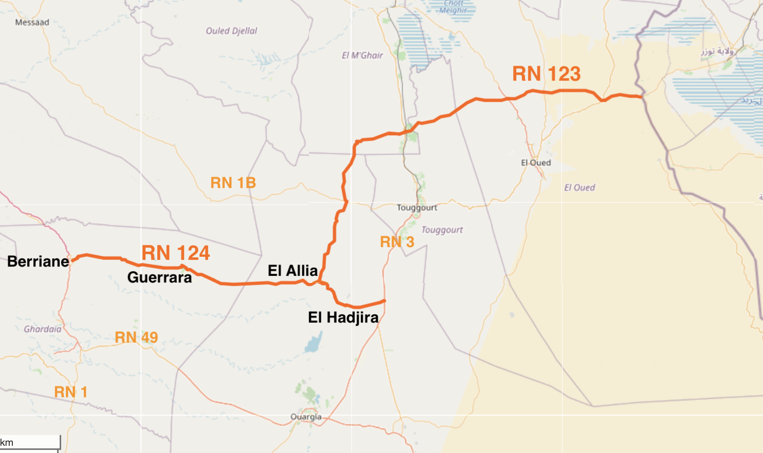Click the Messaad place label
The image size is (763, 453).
[x=32, y=23]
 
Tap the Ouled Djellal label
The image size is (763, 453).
[x=231, y=31]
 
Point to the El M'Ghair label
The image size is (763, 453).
[x=362, y=55]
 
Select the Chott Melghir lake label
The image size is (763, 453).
[x=453, y=7]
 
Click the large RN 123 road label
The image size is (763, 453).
[x=546, y=74]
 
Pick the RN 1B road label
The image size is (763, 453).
[x=233, y=183]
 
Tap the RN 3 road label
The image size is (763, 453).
[x=397, y=242]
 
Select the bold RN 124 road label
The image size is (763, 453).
[x=175, y=253]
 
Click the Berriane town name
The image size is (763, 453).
[x=38, y=261]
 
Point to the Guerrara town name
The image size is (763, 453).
[x=159, y=277]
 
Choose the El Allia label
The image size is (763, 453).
[x=293, y=271]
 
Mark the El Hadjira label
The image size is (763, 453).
[x=343, y=317]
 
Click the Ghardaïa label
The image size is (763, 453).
[x=42, y=329]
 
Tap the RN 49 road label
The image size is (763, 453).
[x=136, y=337]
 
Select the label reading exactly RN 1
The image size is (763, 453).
[x=70, y=392]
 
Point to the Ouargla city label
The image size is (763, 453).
[x=306, y=417]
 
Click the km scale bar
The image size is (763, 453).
[x=30, y=443]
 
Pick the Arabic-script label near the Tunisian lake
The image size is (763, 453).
[x=718, y=51]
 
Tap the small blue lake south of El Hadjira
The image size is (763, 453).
[x=314, y=343]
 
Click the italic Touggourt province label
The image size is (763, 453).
[x=442, y=230]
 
